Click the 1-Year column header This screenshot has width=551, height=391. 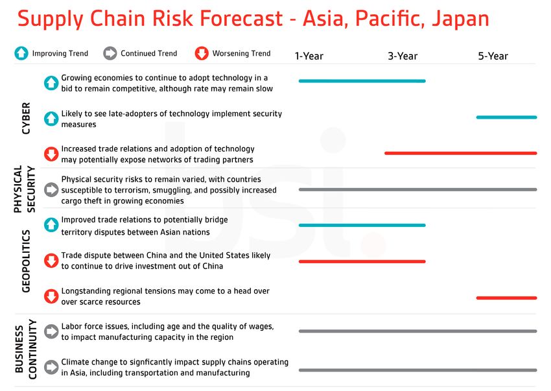click(x=309, y=56)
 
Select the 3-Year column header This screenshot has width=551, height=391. click(x=403, y=56)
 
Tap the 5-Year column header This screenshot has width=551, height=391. click(x=493, y=56)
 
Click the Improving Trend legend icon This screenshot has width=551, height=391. click(x=21, y=53)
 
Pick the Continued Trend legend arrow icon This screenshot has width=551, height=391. click(x=110, y=53)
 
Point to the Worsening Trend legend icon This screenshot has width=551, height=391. click(x=202, y=53)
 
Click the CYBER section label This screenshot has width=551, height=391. click(x=26, y=118)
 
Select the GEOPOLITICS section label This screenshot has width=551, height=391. click(x=26, y=261)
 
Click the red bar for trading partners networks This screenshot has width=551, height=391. click(x=461, y=153)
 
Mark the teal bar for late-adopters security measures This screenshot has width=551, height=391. click(x=507, y=117)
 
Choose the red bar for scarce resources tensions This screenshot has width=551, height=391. click(x=507, y=298)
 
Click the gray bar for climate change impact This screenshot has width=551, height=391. click(x=418, y=370)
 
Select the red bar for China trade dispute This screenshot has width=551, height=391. click(x=362, y=261)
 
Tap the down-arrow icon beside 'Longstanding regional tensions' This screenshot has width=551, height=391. click(x=51, y=296)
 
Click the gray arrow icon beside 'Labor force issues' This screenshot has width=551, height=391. click(x=51, y=331)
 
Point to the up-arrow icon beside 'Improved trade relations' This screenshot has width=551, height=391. click(x=51, y=225)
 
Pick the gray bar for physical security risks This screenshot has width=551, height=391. click(x=418, y=189)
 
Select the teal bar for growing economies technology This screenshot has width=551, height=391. click(x=362, y=81)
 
